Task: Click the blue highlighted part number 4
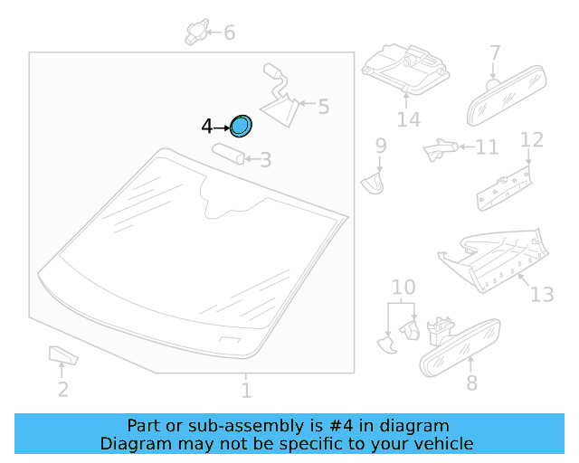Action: [x=241, y=128]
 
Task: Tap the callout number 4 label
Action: [x=206, y=128]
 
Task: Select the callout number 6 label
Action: [x=229, y=33]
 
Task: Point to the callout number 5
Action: [x=323, y=108]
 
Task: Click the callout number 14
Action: [x=408, y=119]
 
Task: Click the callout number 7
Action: [x=495, y=53]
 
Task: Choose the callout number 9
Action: [x=381, y=146]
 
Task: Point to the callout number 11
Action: [x=487, y=146]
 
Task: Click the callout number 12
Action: [x=532, y=140]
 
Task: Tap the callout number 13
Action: [x=541, y=295]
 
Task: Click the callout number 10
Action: [x=403, y=288]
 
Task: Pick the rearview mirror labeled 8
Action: [x=461, y=346]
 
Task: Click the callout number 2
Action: [x=62, y=390]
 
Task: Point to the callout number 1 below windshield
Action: [x=246, y=390]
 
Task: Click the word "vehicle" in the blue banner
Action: [x=444, y=444]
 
